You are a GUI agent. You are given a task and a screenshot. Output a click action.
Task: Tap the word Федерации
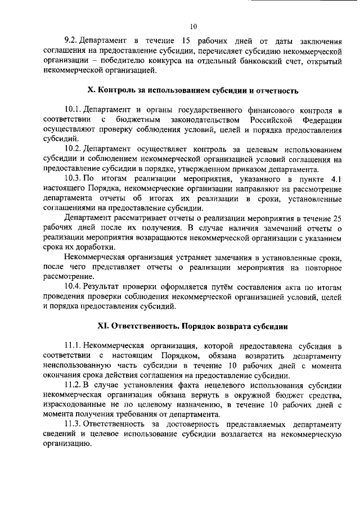pyautogui.click(x=321, y=120)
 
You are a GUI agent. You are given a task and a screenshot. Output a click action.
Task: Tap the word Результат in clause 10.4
pyautogui.click(x=104, y=287)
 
